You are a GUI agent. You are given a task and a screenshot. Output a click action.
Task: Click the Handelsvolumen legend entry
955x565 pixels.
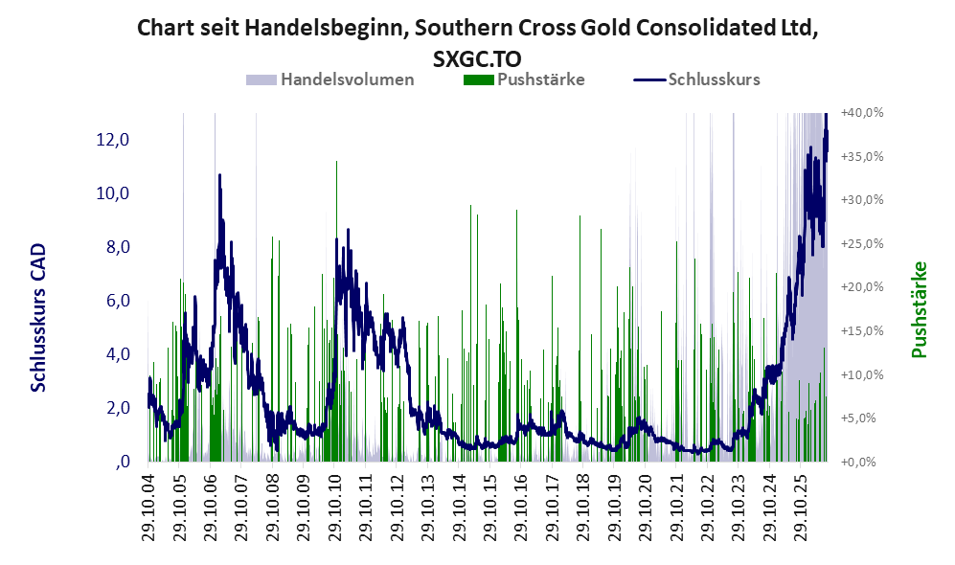(x=330, y=79)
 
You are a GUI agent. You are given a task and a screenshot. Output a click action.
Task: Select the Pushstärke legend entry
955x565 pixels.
(x=524, y=79)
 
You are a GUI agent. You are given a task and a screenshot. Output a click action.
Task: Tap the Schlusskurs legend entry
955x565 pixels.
(x=696, y=79)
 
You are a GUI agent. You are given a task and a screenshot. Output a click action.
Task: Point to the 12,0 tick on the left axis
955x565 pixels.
(x=113, y=140)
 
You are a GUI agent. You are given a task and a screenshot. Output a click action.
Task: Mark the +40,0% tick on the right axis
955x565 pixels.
(x=862, y=113)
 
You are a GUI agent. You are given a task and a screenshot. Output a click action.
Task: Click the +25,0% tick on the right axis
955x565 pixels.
(x=862, y=243)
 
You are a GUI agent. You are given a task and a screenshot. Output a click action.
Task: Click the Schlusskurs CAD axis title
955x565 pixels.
(x=38, y=317)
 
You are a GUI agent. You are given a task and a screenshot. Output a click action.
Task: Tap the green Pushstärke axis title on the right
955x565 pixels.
(x=919, y=309)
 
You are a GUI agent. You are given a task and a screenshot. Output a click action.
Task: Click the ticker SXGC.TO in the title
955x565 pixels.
(x=477, y=59)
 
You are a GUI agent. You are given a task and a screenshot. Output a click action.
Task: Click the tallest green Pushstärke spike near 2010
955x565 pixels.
(x=336, y=311)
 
